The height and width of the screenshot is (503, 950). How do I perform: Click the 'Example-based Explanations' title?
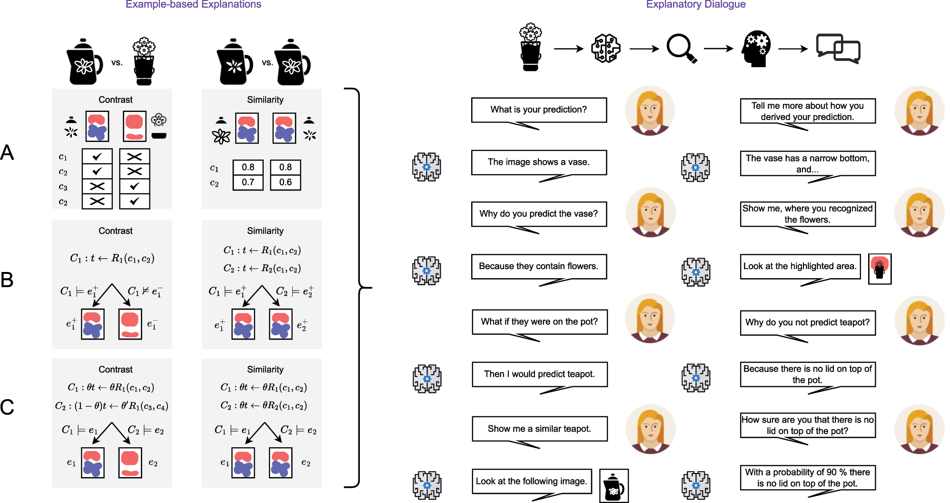click(193, 5)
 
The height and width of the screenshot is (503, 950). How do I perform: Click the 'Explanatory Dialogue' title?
click(695, 5)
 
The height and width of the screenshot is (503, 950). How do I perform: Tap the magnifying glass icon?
click(681, 48)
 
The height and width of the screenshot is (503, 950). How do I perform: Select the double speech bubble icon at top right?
click(838, 48)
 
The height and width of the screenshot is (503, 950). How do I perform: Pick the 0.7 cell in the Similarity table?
click(248, 182)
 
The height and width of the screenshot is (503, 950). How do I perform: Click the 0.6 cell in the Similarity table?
click(286, 182)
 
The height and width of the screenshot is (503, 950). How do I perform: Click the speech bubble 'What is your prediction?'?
click(539, 110)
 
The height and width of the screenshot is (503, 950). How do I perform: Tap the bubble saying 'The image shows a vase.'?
click(539, 162)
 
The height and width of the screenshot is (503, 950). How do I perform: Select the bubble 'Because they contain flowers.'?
click(539, 266)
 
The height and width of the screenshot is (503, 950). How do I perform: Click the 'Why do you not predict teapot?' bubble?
click(808, 322)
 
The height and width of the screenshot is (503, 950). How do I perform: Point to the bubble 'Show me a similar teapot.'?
click(539, 429)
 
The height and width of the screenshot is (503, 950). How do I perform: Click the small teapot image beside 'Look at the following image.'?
click(614, 485)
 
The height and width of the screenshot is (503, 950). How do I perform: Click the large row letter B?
click(7, 280)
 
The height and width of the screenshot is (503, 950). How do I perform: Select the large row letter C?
click(7, 407)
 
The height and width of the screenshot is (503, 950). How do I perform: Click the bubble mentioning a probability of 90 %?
click(808, 477)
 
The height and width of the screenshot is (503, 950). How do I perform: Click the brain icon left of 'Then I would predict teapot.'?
click(427, 379)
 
